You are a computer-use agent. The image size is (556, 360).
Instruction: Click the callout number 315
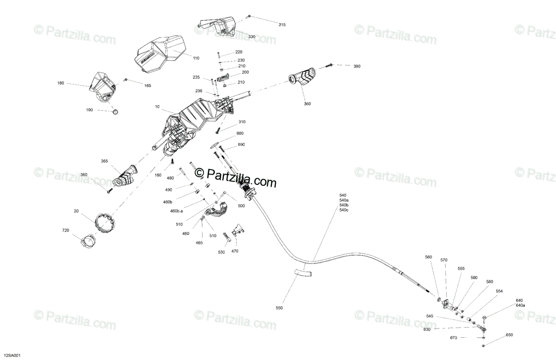[x=282, y=24]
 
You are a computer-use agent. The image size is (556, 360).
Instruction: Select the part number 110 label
[x=196, y=58]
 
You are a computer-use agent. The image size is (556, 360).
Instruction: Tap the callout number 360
[x=307, y=104]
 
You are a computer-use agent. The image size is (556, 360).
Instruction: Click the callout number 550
[x=279, y=308]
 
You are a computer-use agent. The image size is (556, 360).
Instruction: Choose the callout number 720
[x=66, y=230]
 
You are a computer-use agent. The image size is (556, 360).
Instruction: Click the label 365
[x=104, y=161]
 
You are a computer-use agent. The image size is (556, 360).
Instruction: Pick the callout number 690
[x=241, y=145]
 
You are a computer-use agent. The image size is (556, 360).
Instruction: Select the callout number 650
[x=509, y=335]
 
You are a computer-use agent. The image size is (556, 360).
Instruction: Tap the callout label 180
[x=61, y=83]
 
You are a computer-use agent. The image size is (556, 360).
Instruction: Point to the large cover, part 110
[x=158, y=53]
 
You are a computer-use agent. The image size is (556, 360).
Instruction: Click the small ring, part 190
[x=115, y=112]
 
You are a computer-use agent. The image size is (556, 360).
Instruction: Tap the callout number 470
[x=235, y=251]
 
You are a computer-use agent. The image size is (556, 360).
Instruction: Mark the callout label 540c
[x=344, y=210]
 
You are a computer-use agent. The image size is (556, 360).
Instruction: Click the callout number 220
[x=239, y=52]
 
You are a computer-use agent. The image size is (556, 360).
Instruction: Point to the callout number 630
[x=427, y=329]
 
